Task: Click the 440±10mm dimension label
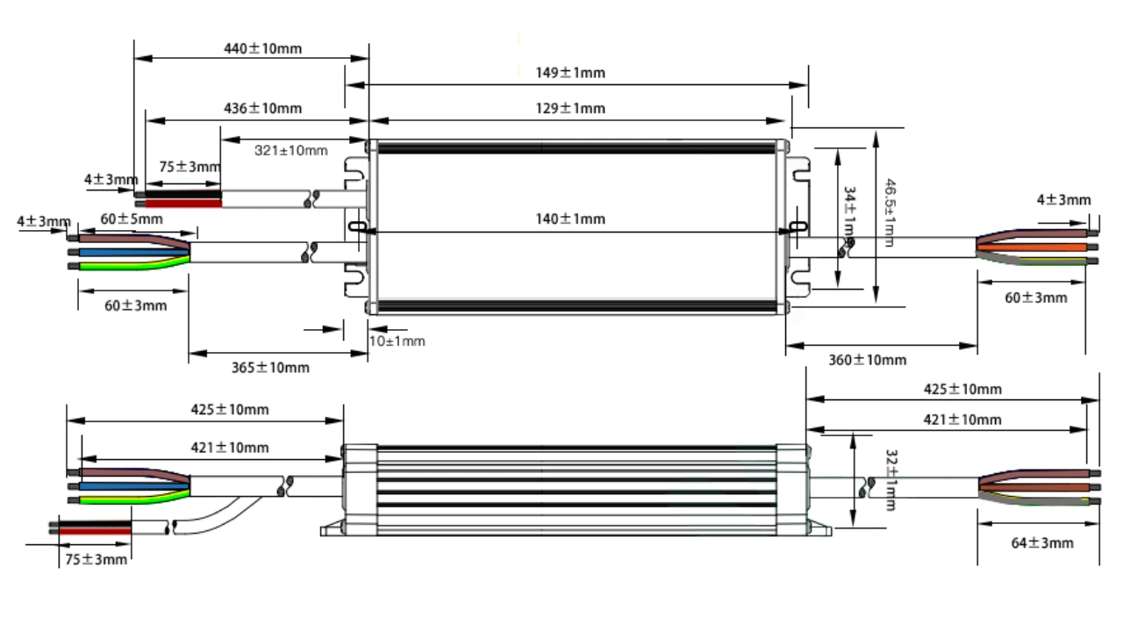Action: (x=262, y=48)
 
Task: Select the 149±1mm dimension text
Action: (x=570, y=72)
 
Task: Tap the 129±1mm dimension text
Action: (x=570, y=108)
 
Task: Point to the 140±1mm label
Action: (x=570, y=219)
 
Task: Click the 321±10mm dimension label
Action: (x=291, y=150)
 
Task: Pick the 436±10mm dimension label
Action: (x=262, y=108)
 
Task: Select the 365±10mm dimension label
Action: (x=270, y=367)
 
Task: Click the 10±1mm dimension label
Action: (x=397, y=341)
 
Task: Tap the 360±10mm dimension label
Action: (x=868, y=359)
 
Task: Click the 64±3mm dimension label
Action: (x=1042, y=542)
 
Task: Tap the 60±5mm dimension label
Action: (x=131, y=219)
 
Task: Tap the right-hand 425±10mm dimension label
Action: (x=962, y=389)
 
